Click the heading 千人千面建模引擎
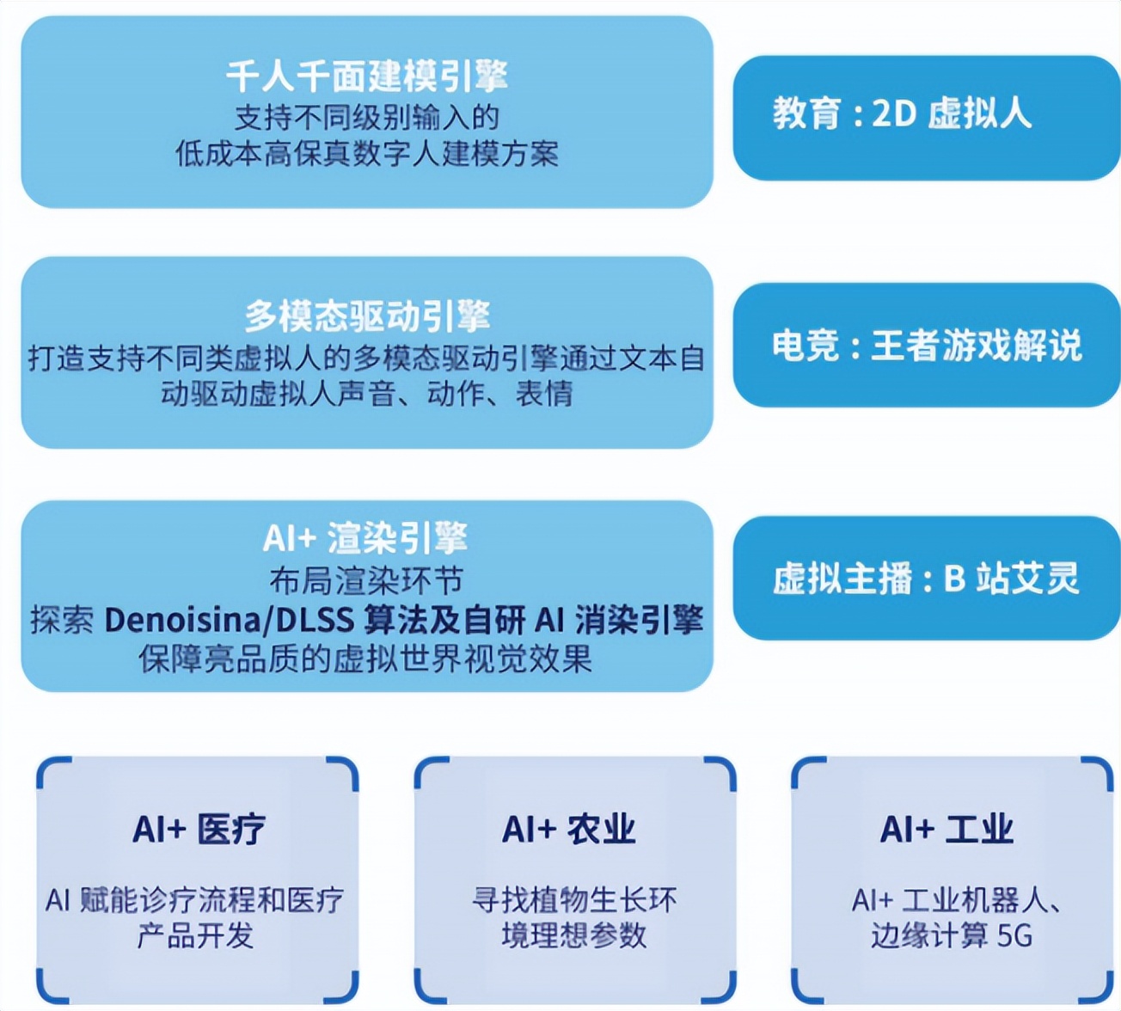point(367,77)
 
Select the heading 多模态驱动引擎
point(367,316)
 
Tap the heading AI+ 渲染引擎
point(365,539)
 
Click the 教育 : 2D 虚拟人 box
point(925,117)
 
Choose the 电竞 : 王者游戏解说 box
point(925,345)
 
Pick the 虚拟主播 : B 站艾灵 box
point(925,578)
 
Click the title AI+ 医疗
point(199,830)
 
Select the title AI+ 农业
point(569,830)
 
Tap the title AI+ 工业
point(946,830)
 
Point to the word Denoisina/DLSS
point(229,620)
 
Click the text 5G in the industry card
point(1014,935)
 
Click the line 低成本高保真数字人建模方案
point(367,154)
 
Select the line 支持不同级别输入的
point(367,117)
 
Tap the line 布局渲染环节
point(367,581)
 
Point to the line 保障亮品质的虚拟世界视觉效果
point(365,659)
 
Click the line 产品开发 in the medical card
point(196,935)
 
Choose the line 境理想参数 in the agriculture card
point(573,935)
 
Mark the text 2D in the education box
point(894,113)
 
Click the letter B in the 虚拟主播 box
point(954,579)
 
